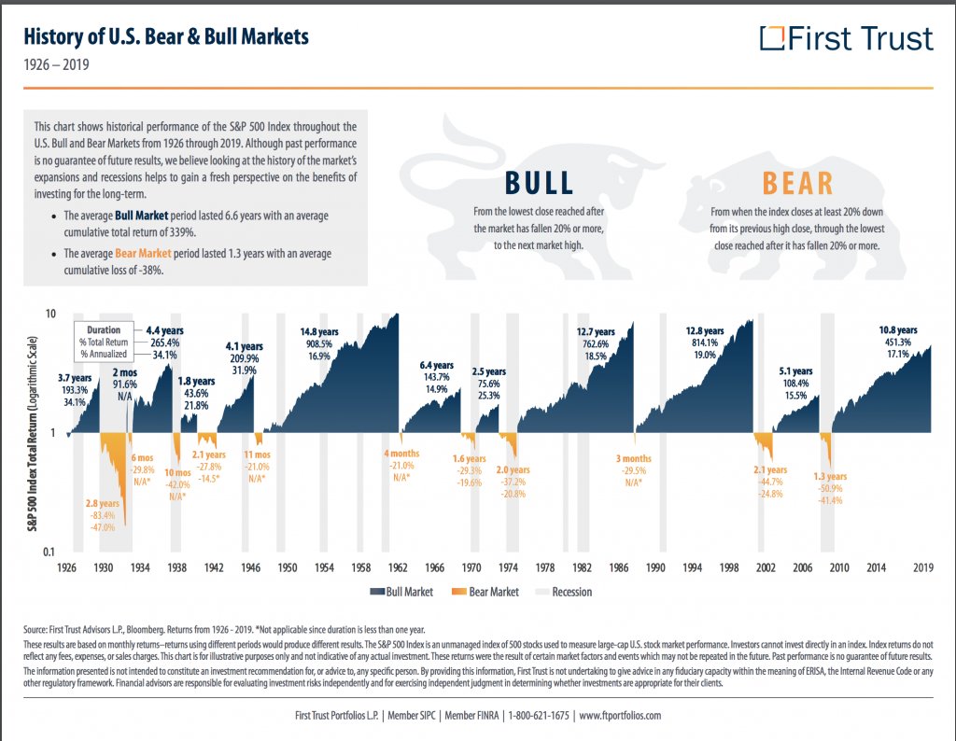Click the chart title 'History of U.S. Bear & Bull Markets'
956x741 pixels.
[165, 38]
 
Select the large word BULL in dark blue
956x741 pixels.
[539, 182]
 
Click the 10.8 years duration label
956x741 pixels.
[898, 329]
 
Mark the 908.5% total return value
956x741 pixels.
[318, 343]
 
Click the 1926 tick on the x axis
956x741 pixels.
[67, 567]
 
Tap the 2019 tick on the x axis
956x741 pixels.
[923, 567]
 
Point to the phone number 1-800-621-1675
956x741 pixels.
[537, 716]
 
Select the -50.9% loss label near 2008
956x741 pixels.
[830, 488]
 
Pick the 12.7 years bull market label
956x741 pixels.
[597, 331]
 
